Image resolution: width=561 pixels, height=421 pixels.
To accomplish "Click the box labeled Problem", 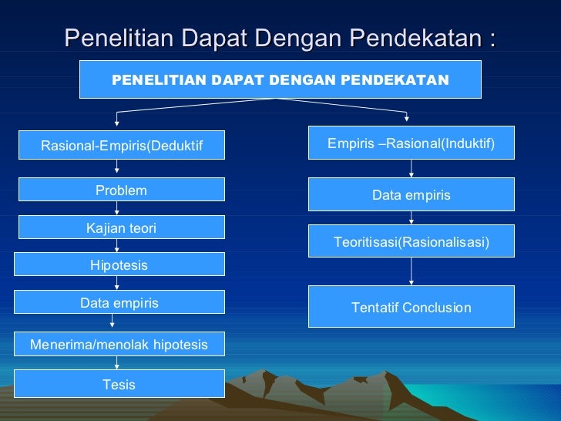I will [x=121, y=190].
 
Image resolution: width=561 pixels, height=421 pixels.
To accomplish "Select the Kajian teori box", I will [x=121, y=227].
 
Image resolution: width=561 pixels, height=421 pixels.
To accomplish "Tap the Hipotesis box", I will [x=121, y=264].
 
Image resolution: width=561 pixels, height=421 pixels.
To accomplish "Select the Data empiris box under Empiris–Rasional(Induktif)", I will [x=411, y=195].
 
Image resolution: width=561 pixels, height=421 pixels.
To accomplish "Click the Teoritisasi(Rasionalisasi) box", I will [x=411, y=242].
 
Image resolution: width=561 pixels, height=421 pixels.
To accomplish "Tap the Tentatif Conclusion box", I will [x=411, y=307].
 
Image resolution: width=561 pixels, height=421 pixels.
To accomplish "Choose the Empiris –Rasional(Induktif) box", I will [x=411, y=143].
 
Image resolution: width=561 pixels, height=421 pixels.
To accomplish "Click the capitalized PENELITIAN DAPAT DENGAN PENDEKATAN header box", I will [x=280, y=79].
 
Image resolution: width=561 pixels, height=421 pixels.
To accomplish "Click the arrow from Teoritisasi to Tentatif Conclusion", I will [x=411, y=271].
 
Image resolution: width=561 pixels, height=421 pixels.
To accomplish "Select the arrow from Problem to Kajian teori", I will [x=116, y=209].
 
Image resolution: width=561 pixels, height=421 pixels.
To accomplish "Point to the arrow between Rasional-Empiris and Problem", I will [x=116, y=168].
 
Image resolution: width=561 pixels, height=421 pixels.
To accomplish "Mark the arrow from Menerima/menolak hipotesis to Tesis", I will [x=113, y=363].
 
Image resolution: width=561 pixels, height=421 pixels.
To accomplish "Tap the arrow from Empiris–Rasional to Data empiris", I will [x=411, y=170].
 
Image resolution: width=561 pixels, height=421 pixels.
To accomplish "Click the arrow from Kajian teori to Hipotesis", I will [x=117, y=245].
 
